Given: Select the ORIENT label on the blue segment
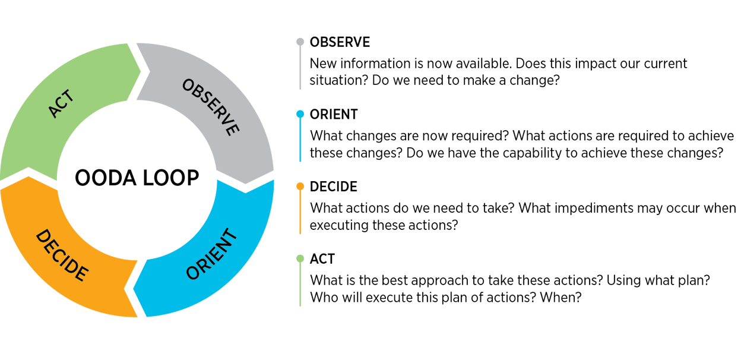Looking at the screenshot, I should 211,254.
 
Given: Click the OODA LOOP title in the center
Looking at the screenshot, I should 137,178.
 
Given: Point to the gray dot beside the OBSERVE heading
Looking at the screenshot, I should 300,42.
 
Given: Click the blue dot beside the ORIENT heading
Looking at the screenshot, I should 300,114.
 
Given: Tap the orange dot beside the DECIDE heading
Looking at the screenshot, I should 300,187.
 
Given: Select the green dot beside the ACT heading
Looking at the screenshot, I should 300,259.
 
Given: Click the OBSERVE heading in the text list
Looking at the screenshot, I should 340,42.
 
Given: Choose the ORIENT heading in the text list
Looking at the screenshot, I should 334,114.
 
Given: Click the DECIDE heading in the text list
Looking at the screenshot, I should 333,187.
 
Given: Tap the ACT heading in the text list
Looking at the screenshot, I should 322,259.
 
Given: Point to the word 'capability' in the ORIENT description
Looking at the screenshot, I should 556,153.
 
